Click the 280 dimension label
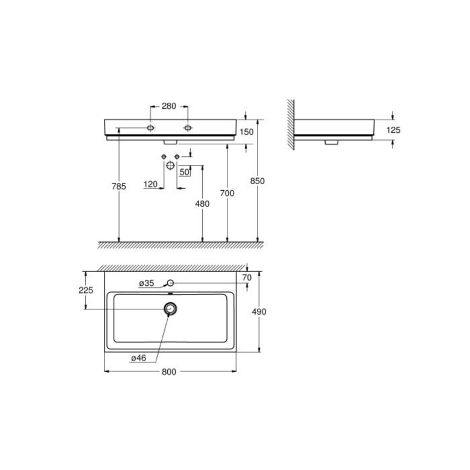(169, 106)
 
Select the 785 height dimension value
(119, 186)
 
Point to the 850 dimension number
(257, 181)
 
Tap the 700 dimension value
(227, 193)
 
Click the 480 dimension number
(202, 204)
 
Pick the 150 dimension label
(246, 132)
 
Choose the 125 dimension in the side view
(393, 130)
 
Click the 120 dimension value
(150, 184)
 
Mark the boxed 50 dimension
(184, 172)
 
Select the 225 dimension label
(85, 290)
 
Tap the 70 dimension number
(246, 277)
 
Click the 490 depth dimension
(258, 312)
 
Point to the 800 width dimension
(169, 372)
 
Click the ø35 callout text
(147, 283)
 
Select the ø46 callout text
(138, 358)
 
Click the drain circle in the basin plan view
(171, 309)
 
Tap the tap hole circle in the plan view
(170, 283)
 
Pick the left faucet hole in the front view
(151, 128)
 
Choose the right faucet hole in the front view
(188, 128)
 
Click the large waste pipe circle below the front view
(170, 165)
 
